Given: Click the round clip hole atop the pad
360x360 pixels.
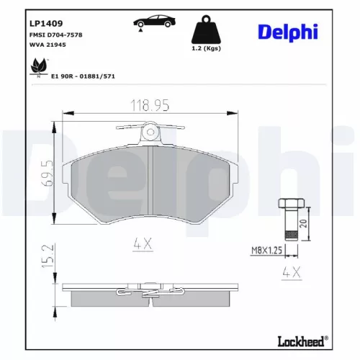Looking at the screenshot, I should [x=150, y=132].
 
